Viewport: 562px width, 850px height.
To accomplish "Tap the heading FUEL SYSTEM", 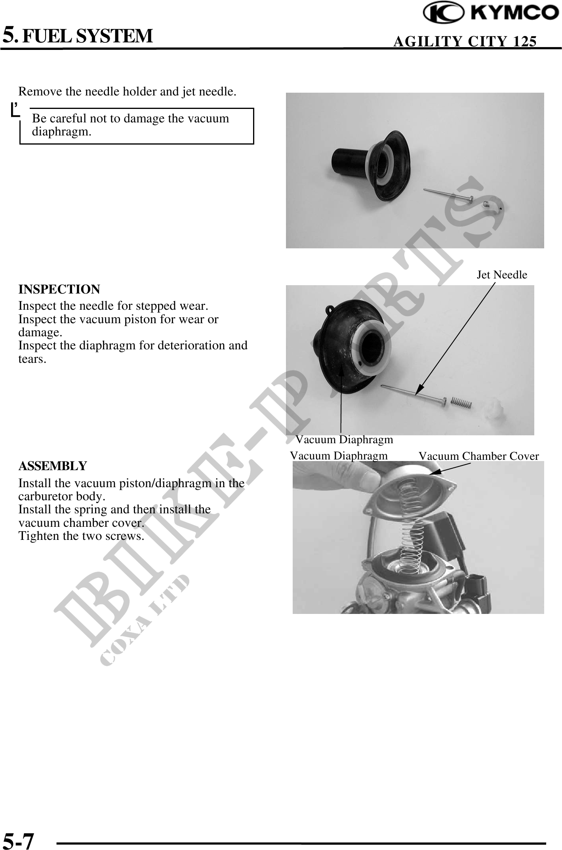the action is (87, 35).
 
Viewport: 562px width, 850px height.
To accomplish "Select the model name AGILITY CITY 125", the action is (465, 41).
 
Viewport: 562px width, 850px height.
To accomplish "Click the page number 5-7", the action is (19, 839).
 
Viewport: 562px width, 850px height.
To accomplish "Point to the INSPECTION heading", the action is (59, 289).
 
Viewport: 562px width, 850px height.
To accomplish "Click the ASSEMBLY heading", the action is (52, 466).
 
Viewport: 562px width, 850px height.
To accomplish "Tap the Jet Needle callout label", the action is (502, 274).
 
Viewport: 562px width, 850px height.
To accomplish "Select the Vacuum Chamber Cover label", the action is (478, 456).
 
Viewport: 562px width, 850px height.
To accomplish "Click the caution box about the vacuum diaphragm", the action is (137, 126).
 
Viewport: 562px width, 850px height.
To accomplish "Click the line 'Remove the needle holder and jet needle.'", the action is (128, 92).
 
